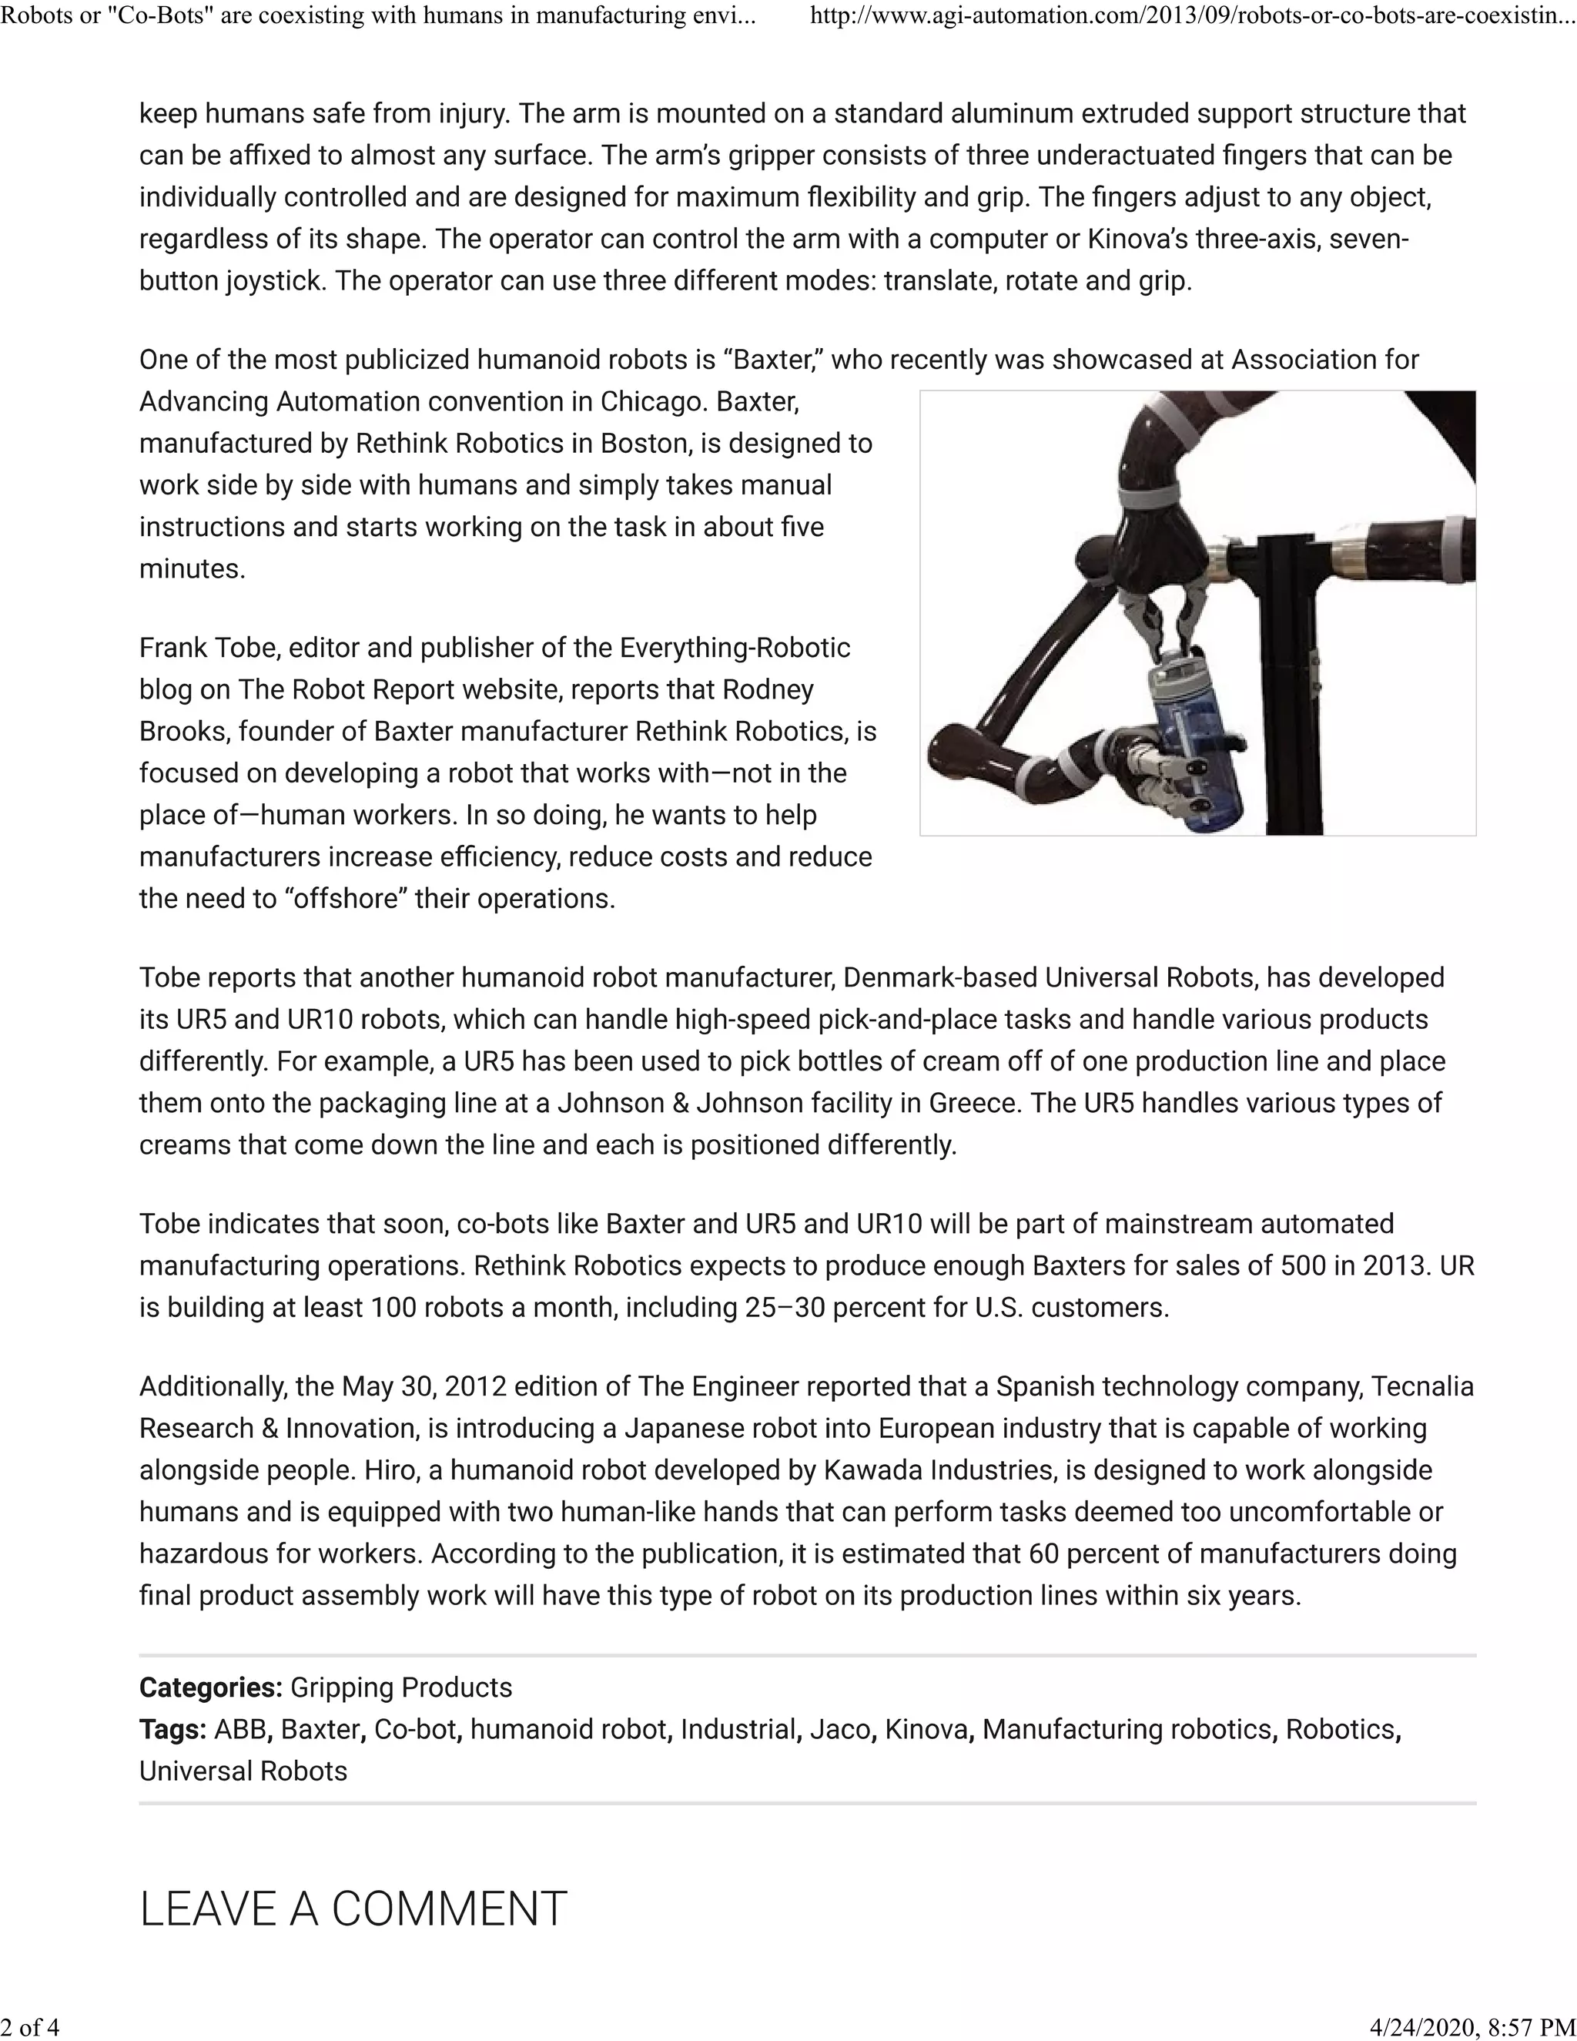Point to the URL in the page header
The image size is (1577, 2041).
(x=1192, y=16)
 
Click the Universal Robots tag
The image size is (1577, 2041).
(x=243, y=1772)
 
